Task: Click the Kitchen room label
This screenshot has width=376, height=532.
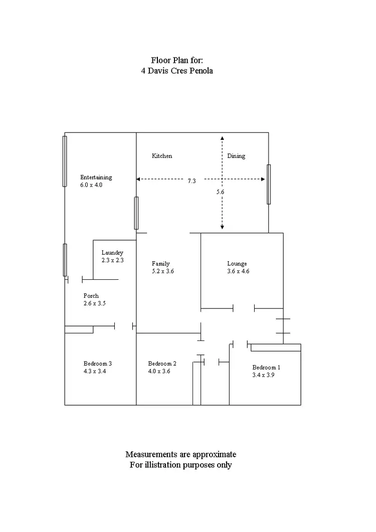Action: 162,156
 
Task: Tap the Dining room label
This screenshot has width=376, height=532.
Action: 236,156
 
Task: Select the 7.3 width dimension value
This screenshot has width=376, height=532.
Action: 192,181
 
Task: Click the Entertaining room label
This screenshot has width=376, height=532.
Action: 96,177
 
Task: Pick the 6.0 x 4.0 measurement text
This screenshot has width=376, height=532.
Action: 91,185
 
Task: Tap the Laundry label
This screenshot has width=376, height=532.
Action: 112,253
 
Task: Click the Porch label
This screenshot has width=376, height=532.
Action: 91,296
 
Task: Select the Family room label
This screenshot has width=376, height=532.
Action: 161,263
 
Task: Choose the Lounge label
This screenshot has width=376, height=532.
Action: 237,263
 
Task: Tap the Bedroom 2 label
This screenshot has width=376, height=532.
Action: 162,364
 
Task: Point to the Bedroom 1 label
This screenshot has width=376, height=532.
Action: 266,367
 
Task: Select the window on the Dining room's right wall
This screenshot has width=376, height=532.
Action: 269,184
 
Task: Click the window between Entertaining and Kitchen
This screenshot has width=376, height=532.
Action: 136,213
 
